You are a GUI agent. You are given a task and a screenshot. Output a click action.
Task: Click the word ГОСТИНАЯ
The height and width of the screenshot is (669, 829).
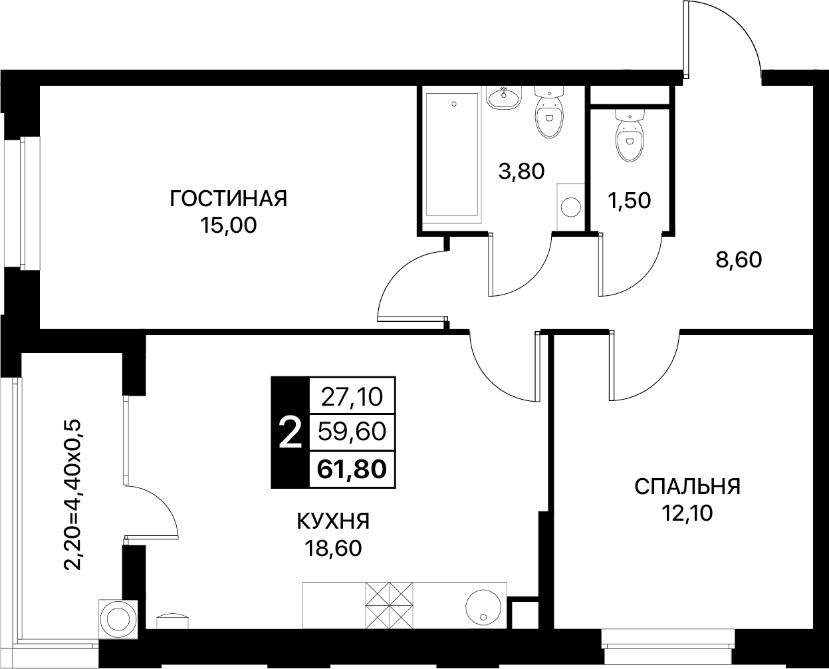click(x=229, y=198)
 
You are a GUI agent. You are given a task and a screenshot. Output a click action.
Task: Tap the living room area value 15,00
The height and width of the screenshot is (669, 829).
click(x=228, y=225)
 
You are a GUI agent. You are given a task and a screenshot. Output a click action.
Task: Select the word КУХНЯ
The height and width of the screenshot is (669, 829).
click(x=333, y=521)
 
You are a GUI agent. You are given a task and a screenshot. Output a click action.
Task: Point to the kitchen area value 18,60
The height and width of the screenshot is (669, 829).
click(x=333, y=549)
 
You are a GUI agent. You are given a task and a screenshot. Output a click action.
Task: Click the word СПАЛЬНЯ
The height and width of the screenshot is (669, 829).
click(x=687, y=487)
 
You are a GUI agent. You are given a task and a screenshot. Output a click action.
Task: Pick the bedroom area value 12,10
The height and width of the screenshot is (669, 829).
click(x=687, y=513)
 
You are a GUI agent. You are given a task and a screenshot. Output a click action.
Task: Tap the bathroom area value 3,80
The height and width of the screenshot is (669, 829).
click(x=521, y=171)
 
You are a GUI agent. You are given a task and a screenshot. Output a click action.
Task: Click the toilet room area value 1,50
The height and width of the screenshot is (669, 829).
click(x=629, y=201)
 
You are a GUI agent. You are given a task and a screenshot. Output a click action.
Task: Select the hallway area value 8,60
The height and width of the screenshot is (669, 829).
click(x=739, y=260)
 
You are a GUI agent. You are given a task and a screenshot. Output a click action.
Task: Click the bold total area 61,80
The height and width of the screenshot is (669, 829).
click(x=352, y=469)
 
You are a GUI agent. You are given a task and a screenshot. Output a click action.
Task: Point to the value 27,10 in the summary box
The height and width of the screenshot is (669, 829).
click(x=352, y=397)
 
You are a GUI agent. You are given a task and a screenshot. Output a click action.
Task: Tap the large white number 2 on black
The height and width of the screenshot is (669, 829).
click(x=290, y=433)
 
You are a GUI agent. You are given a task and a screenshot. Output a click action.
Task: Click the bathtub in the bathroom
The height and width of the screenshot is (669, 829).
click(x=452, y=154)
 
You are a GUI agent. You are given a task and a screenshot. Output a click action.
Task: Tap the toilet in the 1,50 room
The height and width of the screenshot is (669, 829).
click(x=630, y=135)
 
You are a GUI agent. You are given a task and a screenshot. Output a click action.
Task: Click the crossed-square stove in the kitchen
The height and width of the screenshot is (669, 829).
click(x=389, y=605)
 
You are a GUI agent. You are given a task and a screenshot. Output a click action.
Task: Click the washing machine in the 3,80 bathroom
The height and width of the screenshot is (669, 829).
click(x=570, y=207)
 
